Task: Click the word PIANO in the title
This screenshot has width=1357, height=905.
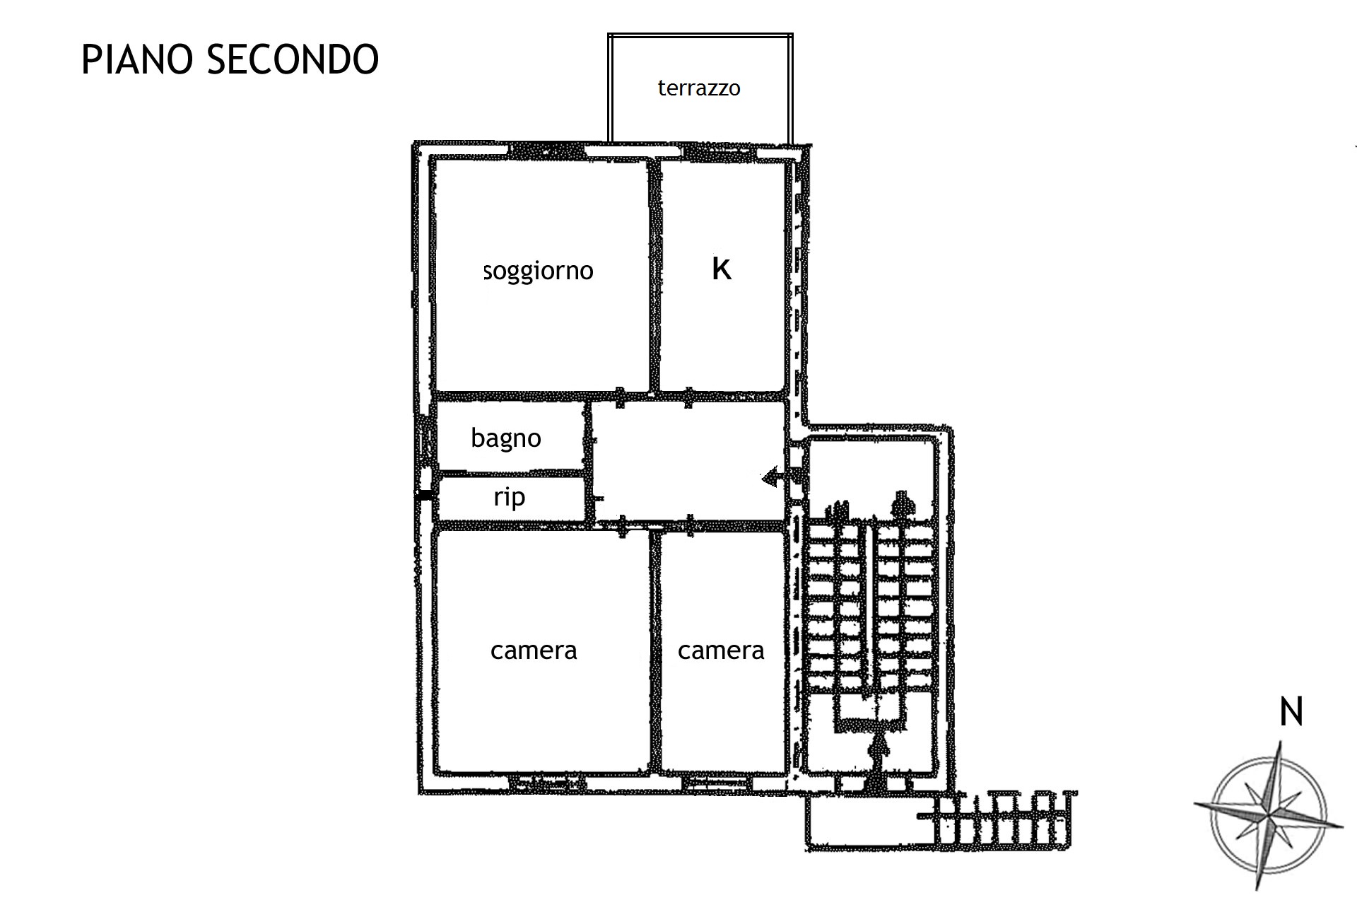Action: click(136, 59)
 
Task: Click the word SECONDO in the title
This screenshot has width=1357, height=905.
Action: click(293, 59)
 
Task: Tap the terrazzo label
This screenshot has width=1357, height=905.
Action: click(699, 88)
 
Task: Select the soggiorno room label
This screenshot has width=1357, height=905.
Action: click(539, 271)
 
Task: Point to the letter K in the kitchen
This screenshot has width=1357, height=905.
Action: click(722, 269)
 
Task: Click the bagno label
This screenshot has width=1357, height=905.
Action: click(506, 438)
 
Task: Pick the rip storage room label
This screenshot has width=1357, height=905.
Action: click(509, 497)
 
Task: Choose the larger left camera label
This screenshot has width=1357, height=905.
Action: click(534, 650)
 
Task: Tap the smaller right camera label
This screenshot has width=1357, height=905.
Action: click(721, 650)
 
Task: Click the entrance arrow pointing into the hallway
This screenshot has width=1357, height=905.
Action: click(780, 478)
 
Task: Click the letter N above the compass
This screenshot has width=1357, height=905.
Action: click(1291, 712)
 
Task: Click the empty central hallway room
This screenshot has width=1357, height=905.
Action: click(688, 461)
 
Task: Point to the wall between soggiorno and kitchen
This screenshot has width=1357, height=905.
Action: click(654, 274)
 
